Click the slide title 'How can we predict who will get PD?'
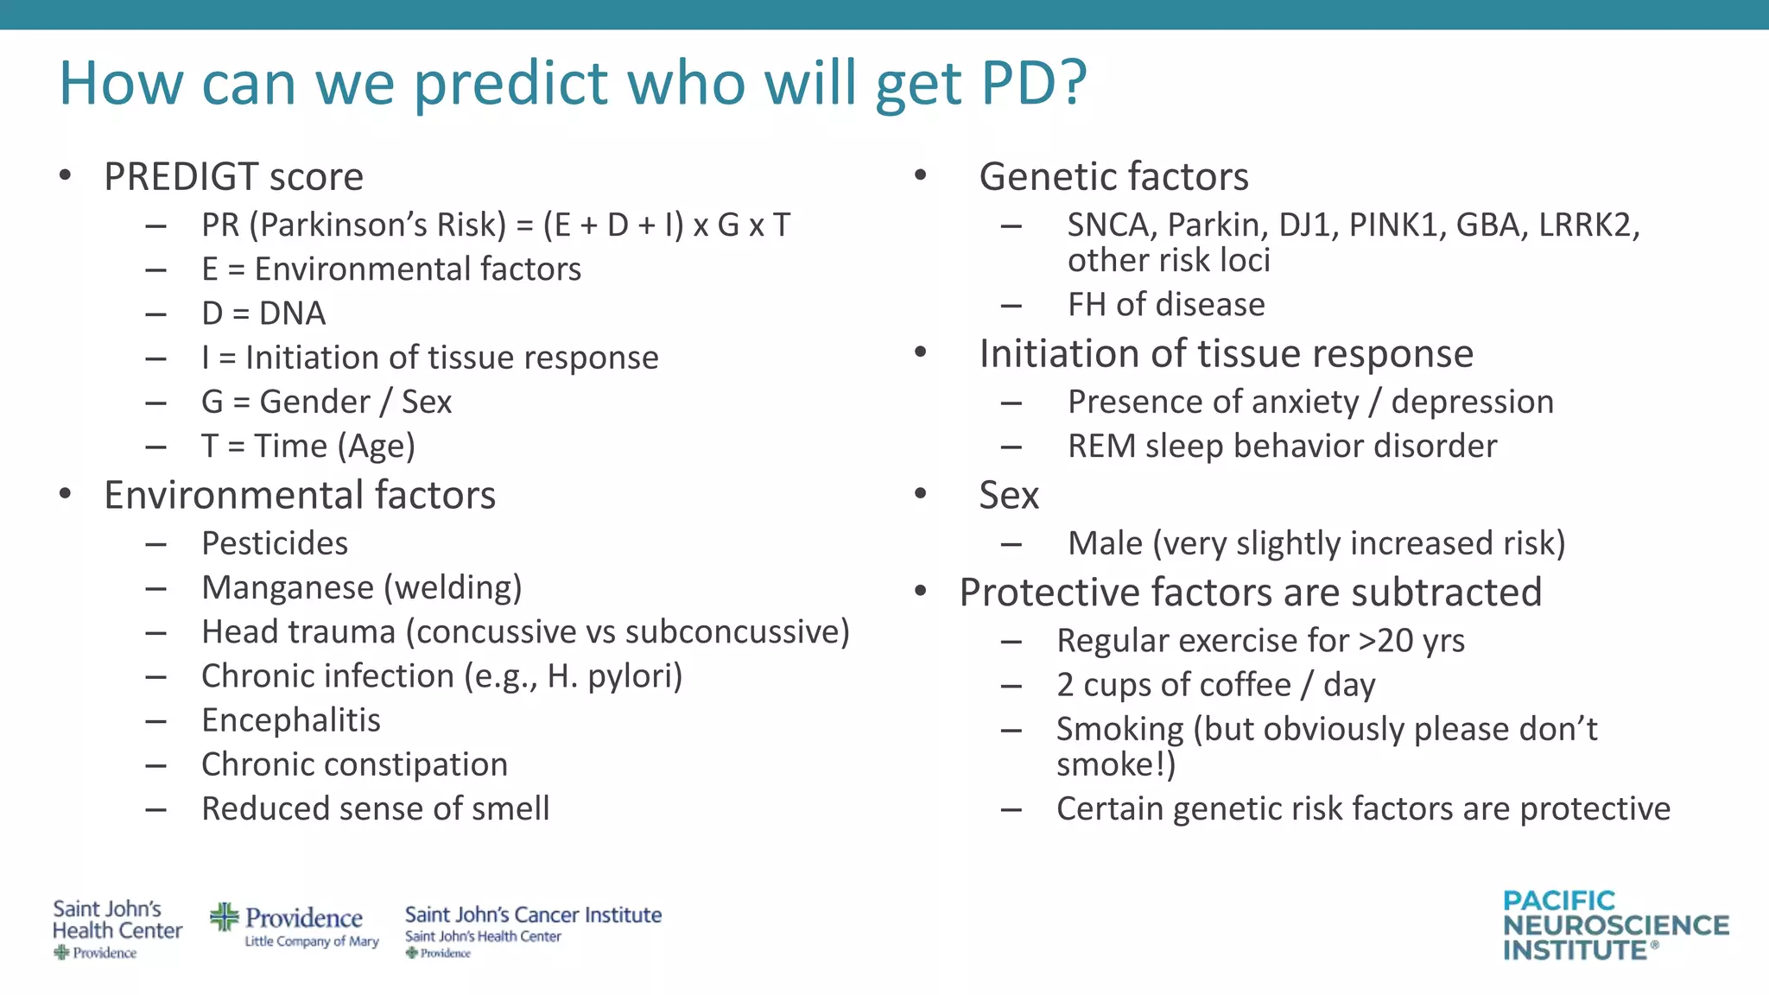click(572, 83)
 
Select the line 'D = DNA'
click(263, 314)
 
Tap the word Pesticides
click(275, 543)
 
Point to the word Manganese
click(288, 588)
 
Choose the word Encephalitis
click(291, 720)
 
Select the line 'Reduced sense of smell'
click(375, 809)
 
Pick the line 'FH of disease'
click(1166, 305)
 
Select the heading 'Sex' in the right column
click(1009, 496)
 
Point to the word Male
click(1105, 544)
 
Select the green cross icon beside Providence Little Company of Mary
click(225, 917)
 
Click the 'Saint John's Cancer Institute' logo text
click(533, 915)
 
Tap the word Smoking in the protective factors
click(1119, 730)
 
